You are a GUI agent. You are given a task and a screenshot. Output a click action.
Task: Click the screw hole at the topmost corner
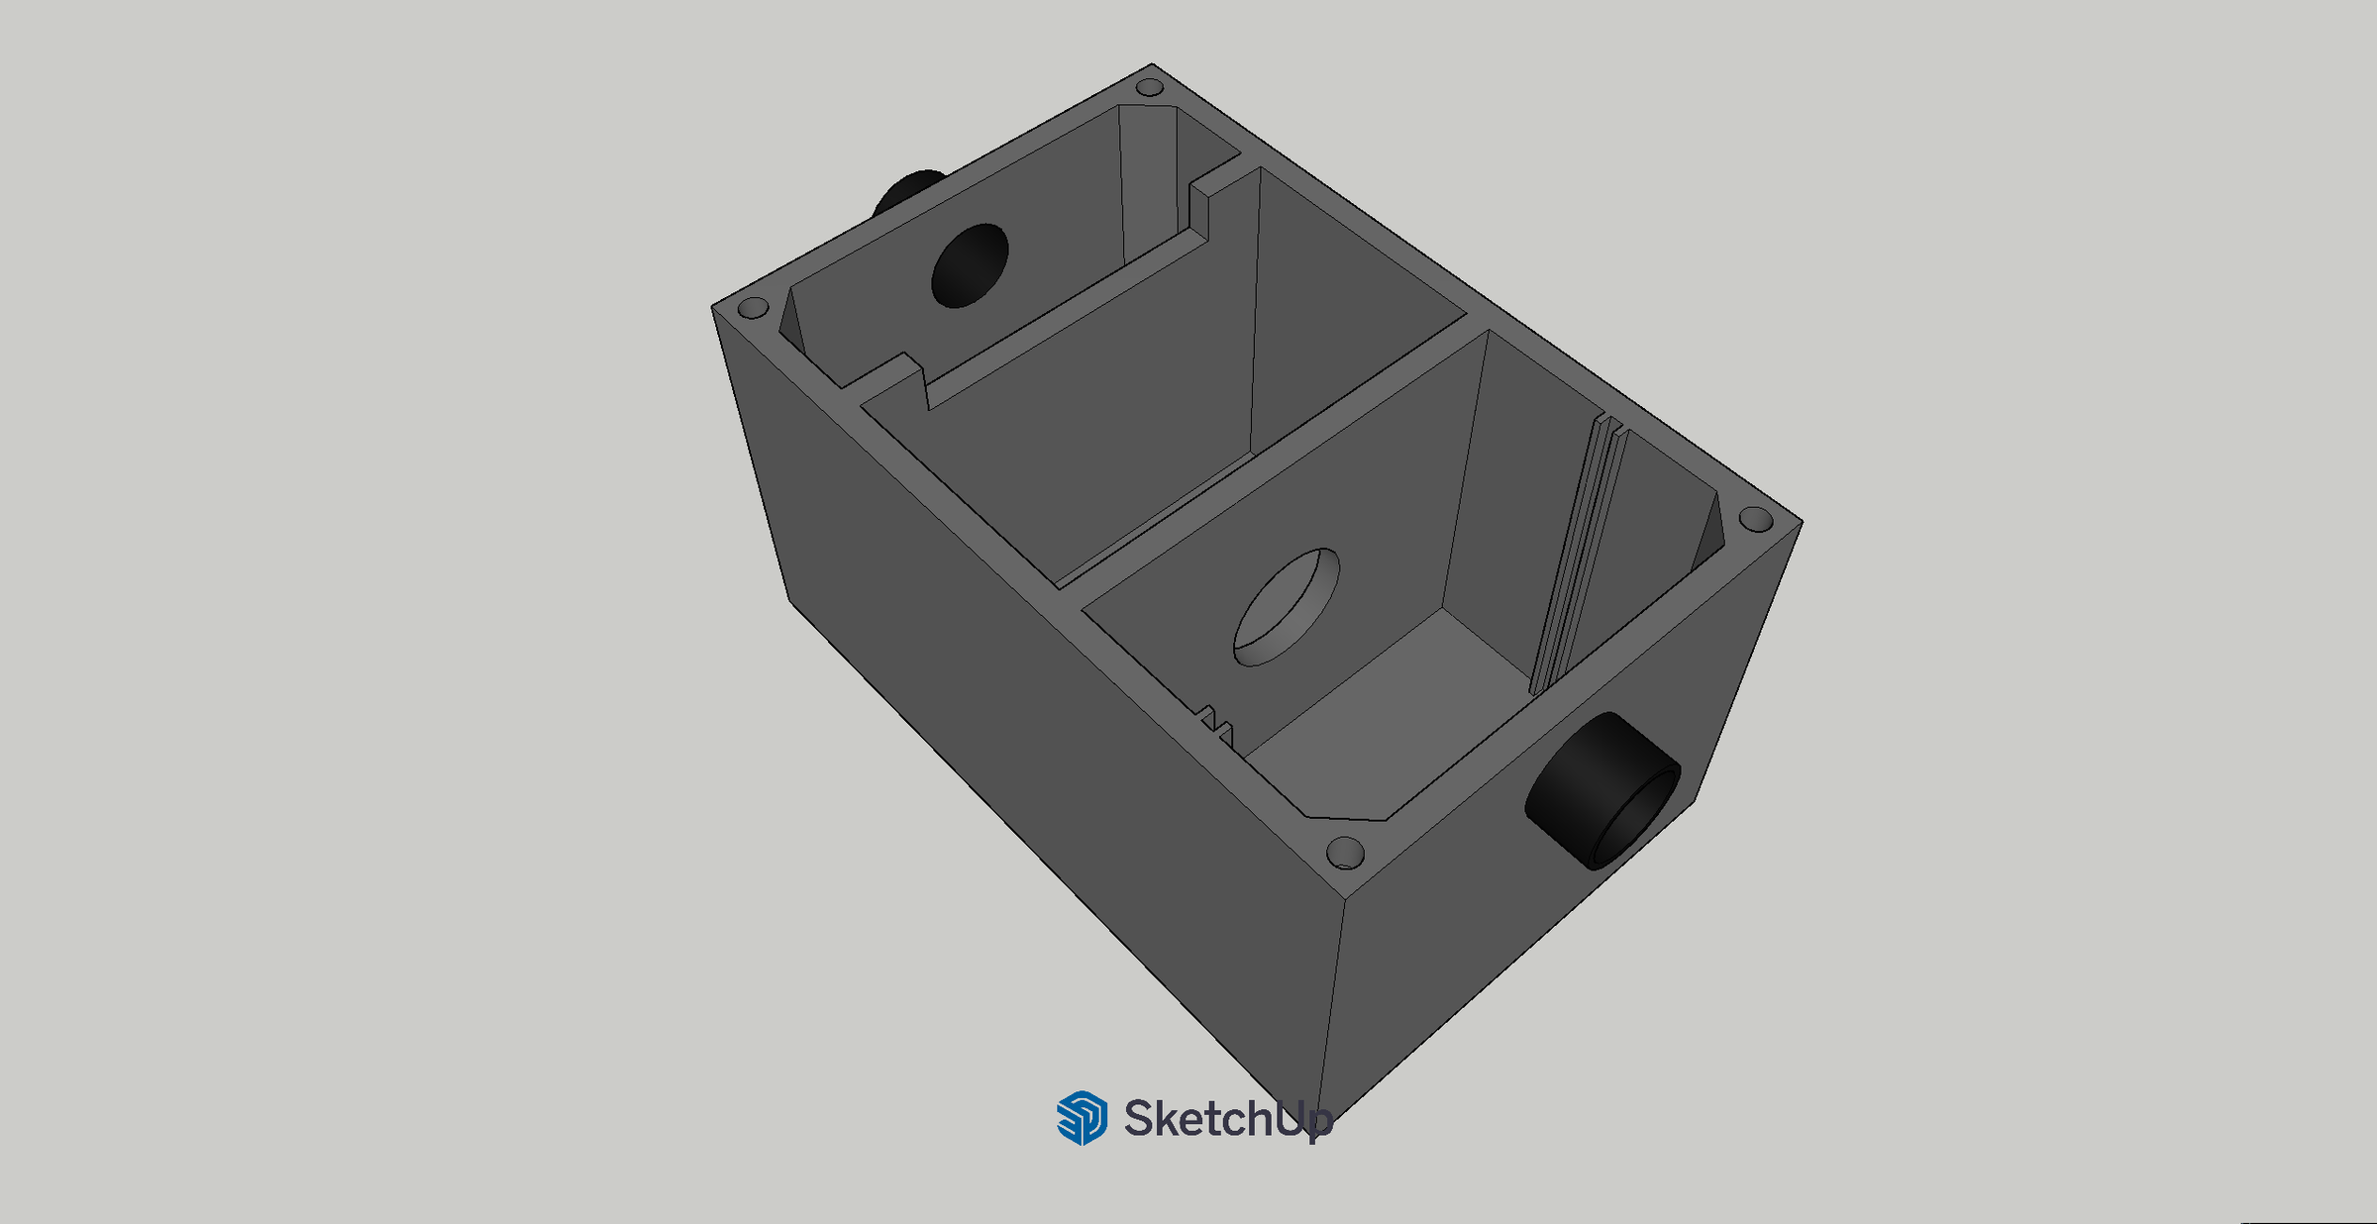point(1149,87)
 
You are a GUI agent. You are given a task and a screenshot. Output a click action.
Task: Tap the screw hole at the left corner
point(754,307)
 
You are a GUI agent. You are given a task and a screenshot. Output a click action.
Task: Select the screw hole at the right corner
point(1755,518)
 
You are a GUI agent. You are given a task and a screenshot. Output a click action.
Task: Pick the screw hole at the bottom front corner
point(1345,853)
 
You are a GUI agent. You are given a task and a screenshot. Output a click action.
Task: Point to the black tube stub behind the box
point(908,191)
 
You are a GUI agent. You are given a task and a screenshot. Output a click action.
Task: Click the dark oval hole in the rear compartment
point(970,265)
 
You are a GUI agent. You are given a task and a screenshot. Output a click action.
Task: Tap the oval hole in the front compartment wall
point(1286,607)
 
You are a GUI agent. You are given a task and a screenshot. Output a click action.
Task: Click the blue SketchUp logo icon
point(1082,1118)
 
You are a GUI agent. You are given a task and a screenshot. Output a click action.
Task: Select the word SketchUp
point(1228,1119)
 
